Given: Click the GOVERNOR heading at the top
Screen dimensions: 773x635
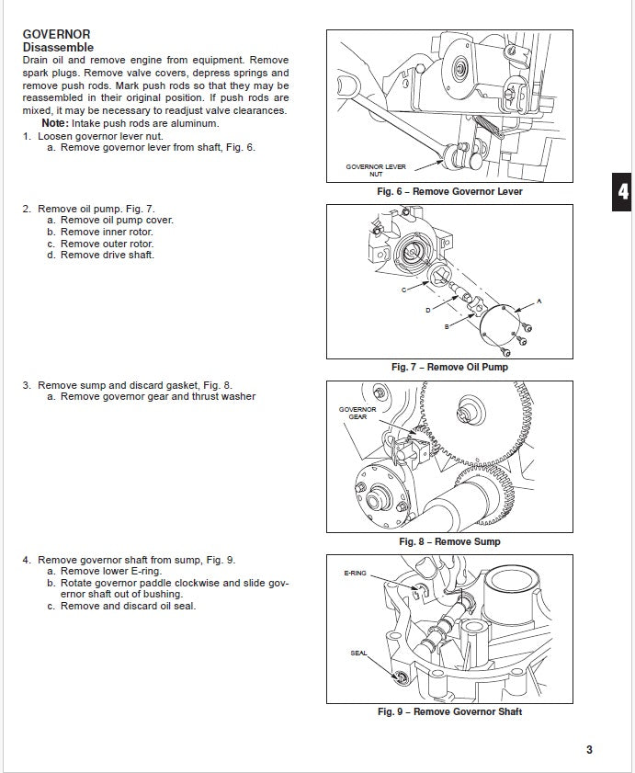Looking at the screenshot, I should (57, 35).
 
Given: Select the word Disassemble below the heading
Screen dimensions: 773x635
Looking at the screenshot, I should (58, 47).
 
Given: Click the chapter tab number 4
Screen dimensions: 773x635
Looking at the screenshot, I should (623, 192).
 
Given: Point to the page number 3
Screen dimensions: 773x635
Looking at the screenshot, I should (589, 749).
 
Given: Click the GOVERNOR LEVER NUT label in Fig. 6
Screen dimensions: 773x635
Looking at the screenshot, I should (376, 170).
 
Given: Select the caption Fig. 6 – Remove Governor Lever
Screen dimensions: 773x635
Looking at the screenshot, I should (449, 192).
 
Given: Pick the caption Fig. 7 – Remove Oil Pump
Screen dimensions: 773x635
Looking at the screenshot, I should (449, 367).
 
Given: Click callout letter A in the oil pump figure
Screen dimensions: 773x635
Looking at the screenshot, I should (539, 301).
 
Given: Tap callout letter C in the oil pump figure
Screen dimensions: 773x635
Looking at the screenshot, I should (403, 290).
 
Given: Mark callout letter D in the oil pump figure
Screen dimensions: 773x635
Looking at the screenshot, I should (427, 311).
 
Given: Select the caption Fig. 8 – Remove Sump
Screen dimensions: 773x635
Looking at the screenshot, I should (449, 541).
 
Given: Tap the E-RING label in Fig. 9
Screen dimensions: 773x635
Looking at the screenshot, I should (355, 573).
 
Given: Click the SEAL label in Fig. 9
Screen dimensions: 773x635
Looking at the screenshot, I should (358, 654).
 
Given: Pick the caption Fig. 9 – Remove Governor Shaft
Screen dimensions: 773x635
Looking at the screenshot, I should (449, 711).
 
